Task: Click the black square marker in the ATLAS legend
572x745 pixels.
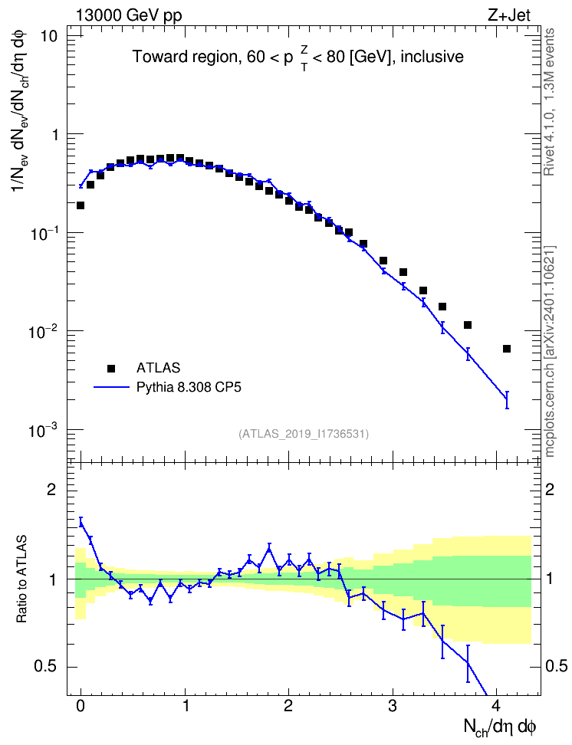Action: [111, 368]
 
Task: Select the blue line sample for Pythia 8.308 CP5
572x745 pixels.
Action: [111, 388]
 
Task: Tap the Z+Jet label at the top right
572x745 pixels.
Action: [509, 15]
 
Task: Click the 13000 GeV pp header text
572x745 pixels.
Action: [128, 15]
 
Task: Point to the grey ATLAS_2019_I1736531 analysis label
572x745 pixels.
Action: [304, 433]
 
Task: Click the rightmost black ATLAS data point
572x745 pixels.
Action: [507, 349]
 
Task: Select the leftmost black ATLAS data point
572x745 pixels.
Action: [81, 205]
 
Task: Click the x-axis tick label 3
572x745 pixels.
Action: [393, 706]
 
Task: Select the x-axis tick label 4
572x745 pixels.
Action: [496, 706]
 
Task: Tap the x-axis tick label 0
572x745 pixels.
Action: [81, 706]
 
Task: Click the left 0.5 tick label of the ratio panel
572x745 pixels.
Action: [45, 666]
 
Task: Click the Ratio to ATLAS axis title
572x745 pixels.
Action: [21, 579]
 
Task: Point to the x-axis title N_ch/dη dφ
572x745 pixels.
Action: [500, 727]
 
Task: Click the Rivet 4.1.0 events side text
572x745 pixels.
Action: [549, 102]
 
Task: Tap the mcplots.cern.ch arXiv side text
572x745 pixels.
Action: [549, 351]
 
